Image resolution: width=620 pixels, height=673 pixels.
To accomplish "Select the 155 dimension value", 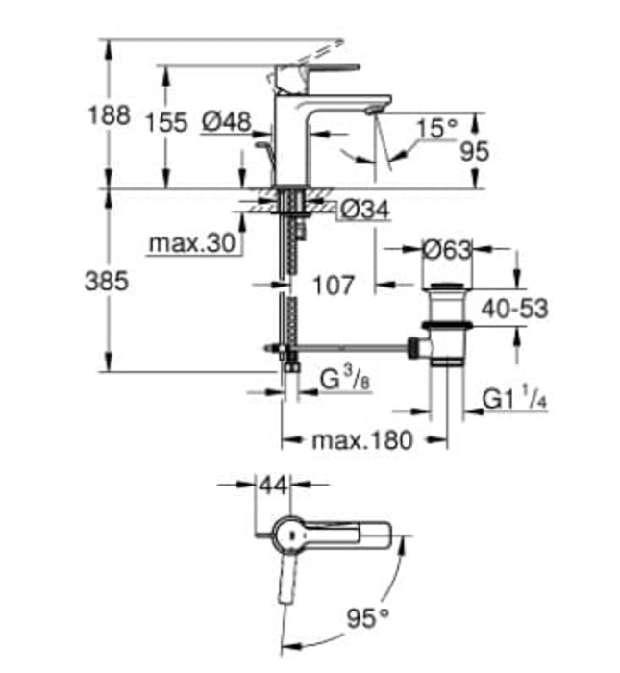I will (x=165, y=124).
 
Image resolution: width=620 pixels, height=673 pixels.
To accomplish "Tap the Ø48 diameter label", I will (x=226, y=122).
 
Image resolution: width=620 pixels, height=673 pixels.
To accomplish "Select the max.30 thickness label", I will (x=192, y=244).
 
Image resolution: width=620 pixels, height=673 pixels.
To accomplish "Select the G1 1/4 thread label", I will (x=510, y=396).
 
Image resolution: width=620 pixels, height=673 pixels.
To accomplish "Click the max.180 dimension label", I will (x=361, y=441).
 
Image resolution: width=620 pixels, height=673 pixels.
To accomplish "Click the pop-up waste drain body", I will (x=446, y=327).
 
